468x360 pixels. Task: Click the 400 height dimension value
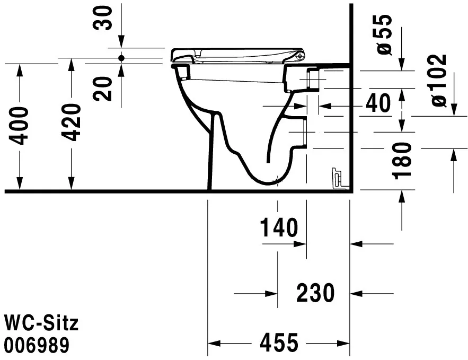[20, 126]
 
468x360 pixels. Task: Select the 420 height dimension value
[71, 123]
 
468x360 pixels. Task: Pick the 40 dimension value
[377, 103]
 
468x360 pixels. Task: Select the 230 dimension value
[315, 293]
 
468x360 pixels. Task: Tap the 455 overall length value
[279, 343]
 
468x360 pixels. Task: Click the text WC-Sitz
[41, 322]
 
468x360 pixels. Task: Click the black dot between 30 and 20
[121, 57]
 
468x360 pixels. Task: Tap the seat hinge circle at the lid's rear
[301, 55]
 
